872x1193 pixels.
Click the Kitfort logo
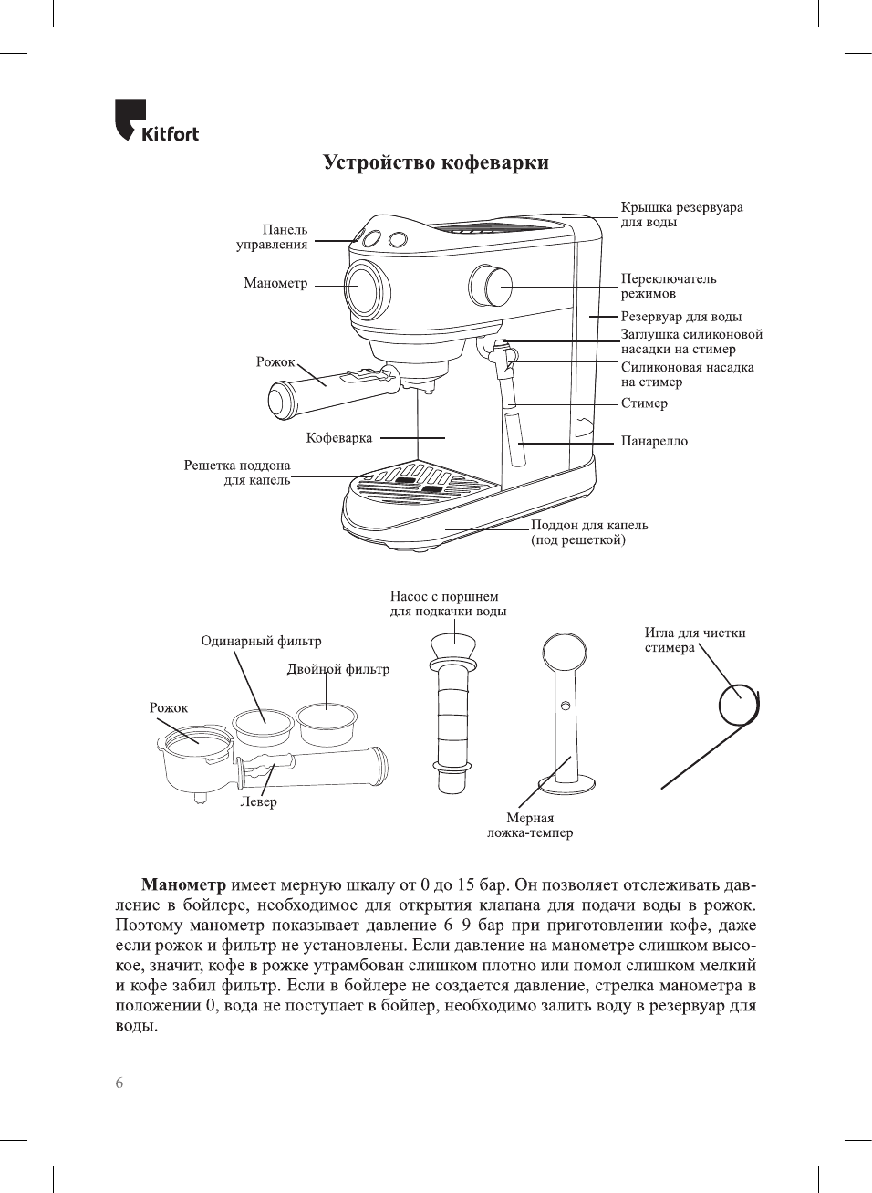(156, 122)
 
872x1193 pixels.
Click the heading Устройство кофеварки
(436, 163)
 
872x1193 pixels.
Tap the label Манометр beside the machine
(275, 283)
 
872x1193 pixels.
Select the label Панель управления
(273, 237)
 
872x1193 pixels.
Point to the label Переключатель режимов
(668, 286)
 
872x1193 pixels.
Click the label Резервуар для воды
(680, 317)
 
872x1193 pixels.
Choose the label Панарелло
(654, 441)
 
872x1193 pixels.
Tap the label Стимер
(644, 403)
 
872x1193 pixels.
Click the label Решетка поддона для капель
(238, 473)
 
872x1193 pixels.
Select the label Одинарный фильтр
(261, 641)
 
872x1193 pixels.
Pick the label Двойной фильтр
(338, 669)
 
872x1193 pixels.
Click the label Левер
(258, 802)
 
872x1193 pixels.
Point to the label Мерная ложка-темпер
(530, 825)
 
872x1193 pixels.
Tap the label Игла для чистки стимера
(694, 640)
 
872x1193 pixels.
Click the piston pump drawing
(453, 712)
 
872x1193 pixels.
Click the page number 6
(119, 1083)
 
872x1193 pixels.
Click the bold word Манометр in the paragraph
(183, 885)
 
